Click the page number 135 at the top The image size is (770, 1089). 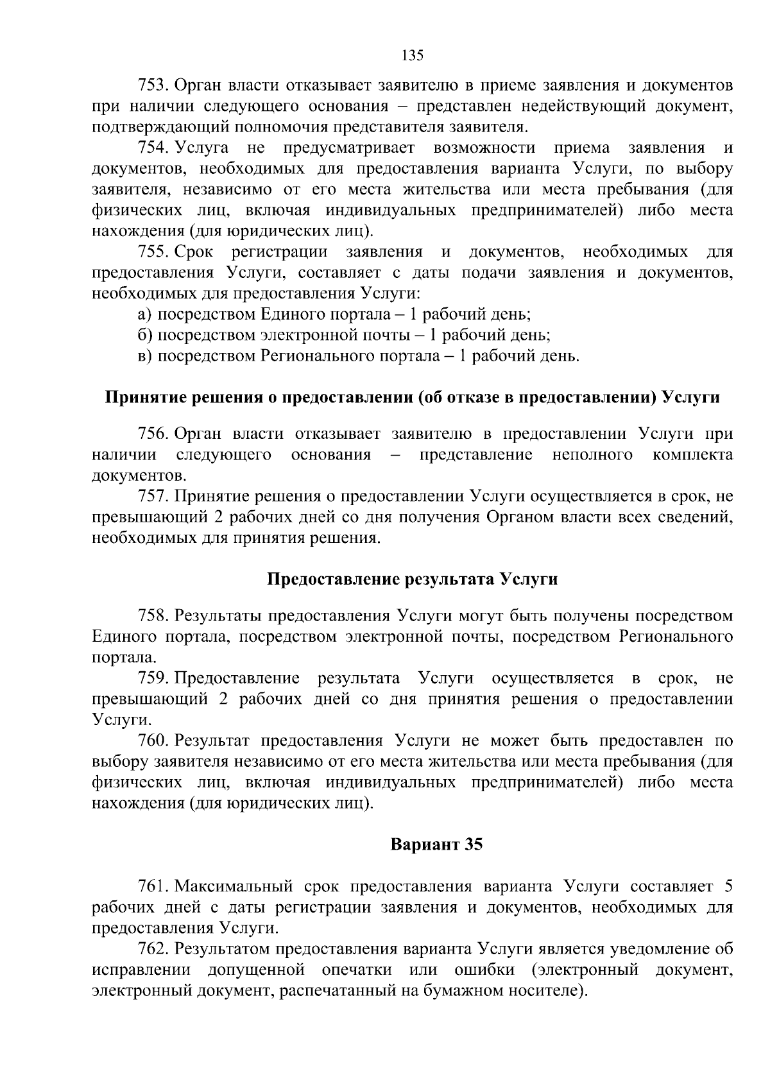412,55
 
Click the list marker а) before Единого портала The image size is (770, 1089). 145,314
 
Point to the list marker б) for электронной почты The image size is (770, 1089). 145,335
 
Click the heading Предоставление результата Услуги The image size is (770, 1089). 412,579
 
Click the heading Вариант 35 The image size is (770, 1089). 436,845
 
